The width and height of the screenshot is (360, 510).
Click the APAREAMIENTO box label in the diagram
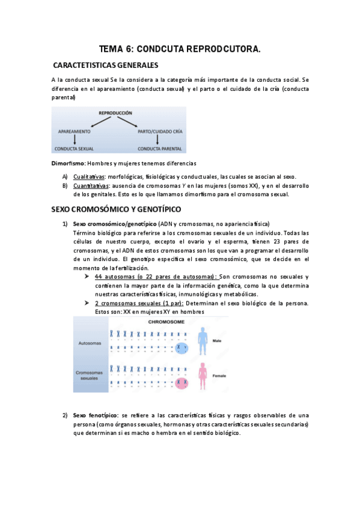(x=75, y=131)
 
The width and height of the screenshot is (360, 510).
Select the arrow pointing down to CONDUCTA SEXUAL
(x=73, y=139)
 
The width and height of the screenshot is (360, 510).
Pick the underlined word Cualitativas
(x=90, y=177)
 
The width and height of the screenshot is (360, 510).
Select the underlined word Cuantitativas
(x=91, y=186)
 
